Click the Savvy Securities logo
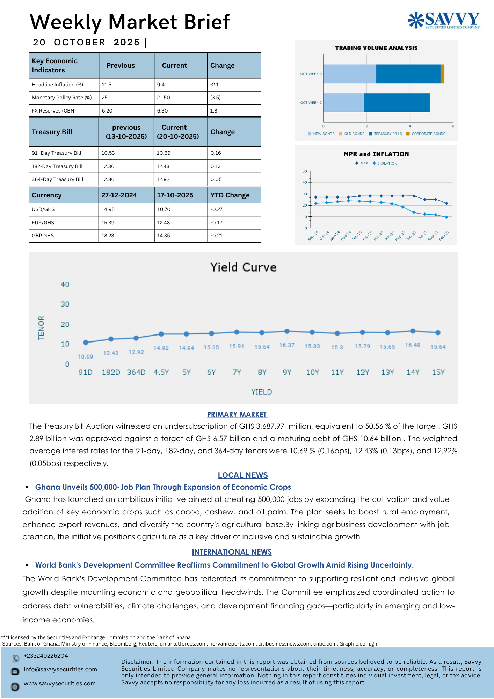point(444,20)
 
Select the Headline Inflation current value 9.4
point(161,85)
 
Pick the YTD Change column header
point(230,195)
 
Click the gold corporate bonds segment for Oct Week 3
point(442,74)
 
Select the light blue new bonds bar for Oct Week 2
point(343,103)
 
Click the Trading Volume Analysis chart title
point(376,48)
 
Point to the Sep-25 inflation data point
point(446,217)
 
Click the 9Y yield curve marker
point(287,331)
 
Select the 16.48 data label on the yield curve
point(413,345)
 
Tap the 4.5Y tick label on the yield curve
point(161,373)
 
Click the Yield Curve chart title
point(243,267)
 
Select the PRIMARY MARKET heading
point(237,415)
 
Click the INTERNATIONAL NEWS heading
point(232,552)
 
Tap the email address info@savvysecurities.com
point(60,670)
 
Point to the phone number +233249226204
point(46,656)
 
